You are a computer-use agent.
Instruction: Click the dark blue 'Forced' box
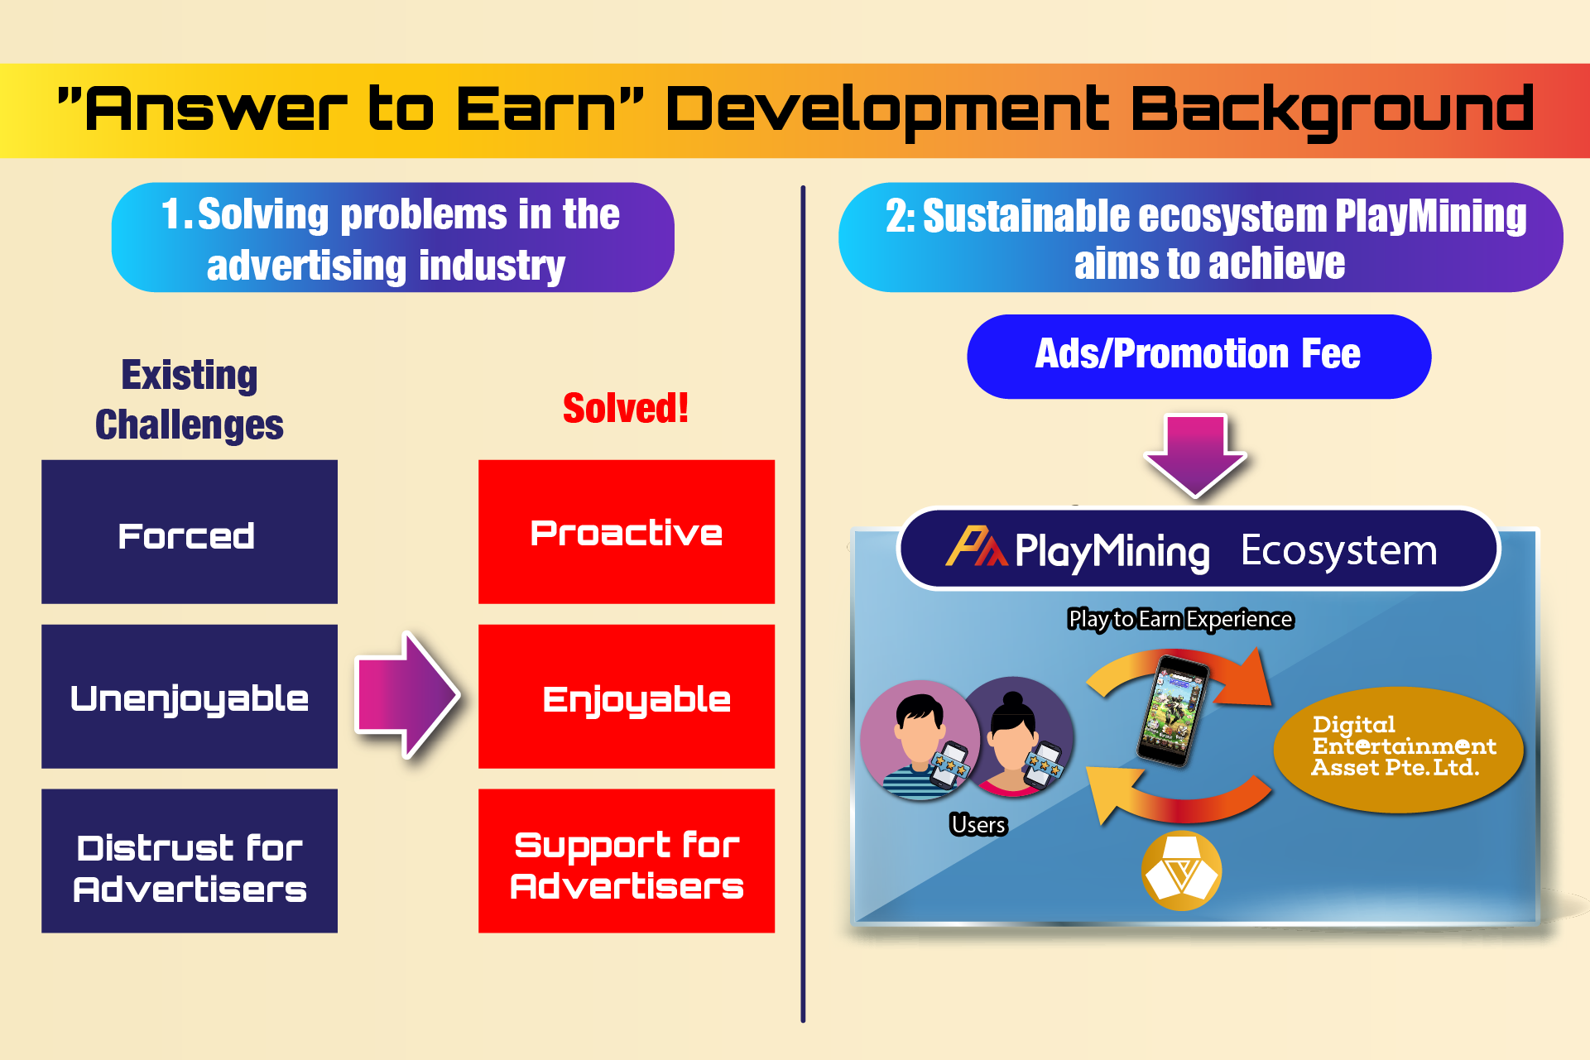[x=190, y=532]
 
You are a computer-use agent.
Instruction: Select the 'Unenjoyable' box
[x=190, y=697]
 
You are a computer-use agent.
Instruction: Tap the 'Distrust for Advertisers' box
[x=190, y=861]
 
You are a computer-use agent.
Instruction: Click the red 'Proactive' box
[x=627, y=532]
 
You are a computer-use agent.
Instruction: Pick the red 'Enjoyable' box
[x=627, y=697]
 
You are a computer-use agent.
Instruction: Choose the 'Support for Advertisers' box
[x=627, y=861]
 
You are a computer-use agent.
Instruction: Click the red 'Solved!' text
[x=626, y=408]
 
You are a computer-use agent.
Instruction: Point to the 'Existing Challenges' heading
[x=190, y=400]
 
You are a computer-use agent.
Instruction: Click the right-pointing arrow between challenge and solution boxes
[x=407, y=695]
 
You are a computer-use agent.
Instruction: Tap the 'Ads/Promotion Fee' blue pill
[x=1199, y=356]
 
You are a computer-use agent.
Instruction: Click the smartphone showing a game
[x=1172, y=709]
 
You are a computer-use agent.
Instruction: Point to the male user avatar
[x=920, y=740]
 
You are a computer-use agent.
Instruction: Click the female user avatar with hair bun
[x=1015, y=737]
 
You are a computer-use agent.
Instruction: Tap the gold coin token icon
[x=1181, y=871]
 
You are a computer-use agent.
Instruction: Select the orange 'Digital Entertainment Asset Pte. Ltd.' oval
[x=1399, y=749]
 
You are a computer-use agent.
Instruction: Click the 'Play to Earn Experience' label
[x=1180, y=619]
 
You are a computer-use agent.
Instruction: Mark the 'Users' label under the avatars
[x=978, y=824]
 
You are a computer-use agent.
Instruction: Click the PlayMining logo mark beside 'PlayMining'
[x=977, y=547]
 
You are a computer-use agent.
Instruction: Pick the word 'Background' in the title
[x=1332, y=111]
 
